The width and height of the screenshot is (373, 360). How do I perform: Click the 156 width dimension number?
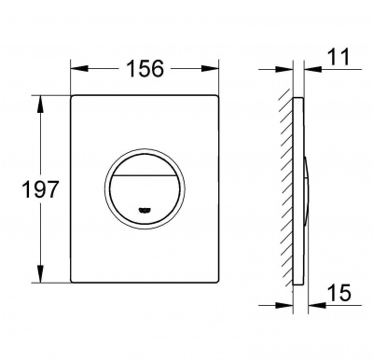145,69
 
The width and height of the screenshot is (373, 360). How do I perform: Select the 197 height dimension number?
40,189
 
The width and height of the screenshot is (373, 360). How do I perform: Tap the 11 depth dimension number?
338,57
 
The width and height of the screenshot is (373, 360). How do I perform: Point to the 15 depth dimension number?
339,293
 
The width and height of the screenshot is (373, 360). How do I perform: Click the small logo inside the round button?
145,211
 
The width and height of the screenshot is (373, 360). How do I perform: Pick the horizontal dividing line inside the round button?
145,175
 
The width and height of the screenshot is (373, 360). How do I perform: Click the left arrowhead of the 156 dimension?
79,69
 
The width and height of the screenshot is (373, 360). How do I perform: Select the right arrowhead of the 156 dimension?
210,69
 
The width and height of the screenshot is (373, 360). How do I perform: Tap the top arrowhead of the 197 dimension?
40,104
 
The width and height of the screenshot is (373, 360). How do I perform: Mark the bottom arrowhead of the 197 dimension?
40,274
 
